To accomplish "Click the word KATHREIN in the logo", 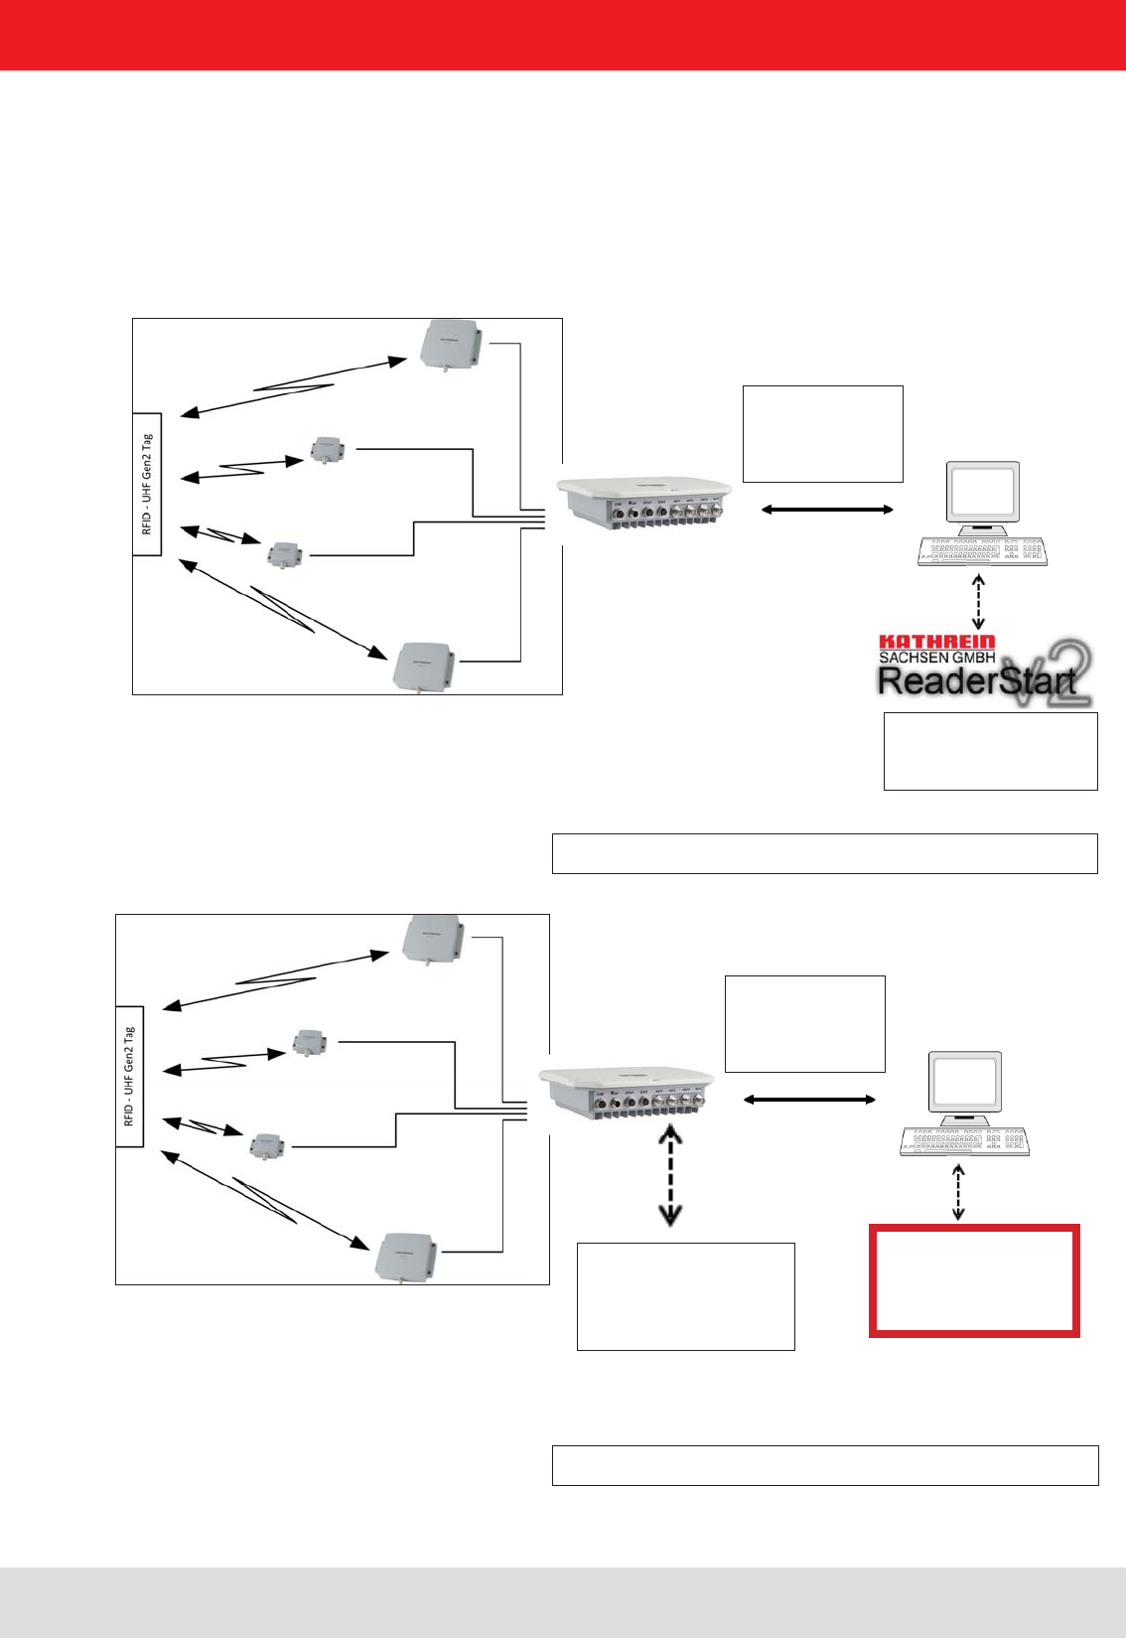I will [x=936, y=643].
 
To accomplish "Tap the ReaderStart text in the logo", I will [x=976, y=680].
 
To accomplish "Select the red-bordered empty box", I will [x=973, y=1281].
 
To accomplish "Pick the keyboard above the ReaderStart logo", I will [x=981, y=552].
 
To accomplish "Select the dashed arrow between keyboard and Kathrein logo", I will [x=979, y=601].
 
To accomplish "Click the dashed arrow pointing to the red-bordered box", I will [x=957, y=1192].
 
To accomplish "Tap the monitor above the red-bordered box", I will [x=965, y=1084].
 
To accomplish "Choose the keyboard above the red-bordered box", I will [x=964, y=1141].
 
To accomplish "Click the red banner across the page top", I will [x=563, y=35].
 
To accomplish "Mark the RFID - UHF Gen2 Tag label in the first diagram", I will [x=147, y=484].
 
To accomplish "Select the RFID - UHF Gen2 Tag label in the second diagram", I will [x=130, y=1076].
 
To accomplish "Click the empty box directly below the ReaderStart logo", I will [x=990, y=751].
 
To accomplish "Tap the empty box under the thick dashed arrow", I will [x=685, y=1296].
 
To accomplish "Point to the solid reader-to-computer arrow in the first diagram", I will [x=827, y=510].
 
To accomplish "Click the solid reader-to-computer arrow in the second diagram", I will [x=809, y=1100].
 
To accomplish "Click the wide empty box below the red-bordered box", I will [x=824, y=1465].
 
